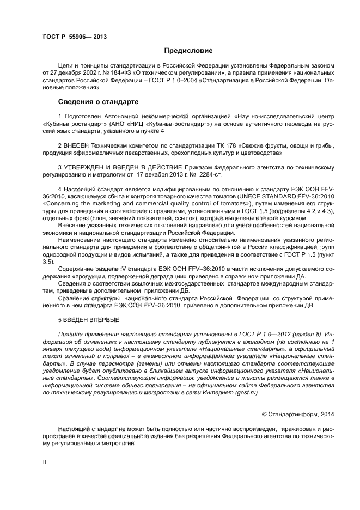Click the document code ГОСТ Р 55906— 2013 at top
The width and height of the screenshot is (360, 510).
pyautogui.click(x=75, y=37)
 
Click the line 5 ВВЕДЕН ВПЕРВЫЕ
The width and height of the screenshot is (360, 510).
pyautogui.click(x=89, y=319)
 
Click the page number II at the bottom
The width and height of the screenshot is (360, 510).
pyautogui.click(x=45, y=461)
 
